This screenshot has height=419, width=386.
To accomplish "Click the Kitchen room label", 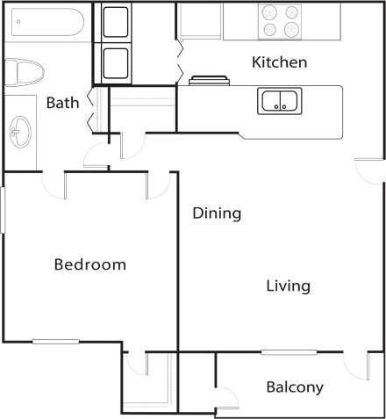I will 279,62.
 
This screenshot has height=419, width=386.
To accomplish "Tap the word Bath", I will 62,103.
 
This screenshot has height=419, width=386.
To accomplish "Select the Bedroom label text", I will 89,264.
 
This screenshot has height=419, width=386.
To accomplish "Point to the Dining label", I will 217,213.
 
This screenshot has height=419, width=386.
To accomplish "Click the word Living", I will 289,286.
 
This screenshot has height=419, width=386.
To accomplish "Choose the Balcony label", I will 295,387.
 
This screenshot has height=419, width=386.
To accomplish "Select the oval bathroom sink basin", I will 19,134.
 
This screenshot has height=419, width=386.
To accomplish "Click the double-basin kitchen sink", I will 281,101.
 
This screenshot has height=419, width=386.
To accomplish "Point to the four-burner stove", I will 281,22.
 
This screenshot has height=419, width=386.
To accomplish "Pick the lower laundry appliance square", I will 117,62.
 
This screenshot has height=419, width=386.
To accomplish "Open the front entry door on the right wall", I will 369,171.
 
